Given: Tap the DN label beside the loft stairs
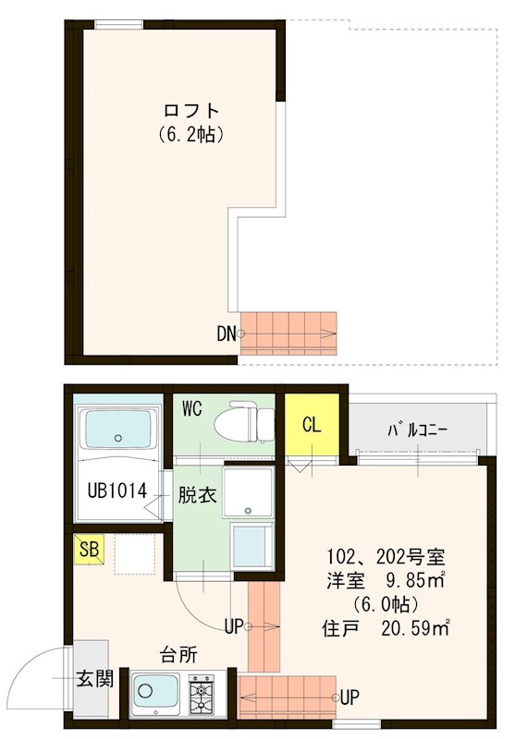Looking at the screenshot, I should point(227,333).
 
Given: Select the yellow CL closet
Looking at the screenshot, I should point(312,427).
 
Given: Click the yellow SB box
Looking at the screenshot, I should point(90,551).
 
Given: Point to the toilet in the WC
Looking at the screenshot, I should point(244,422).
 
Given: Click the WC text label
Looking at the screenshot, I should point(192,407).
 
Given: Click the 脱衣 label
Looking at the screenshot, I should point(197,494).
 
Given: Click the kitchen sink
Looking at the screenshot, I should point(155,690).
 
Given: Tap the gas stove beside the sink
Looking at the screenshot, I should point(202,693).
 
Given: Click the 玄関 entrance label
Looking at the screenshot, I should point(93,680).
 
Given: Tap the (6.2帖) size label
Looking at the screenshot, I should point(190,135).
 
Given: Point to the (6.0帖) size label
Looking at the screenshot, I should point(386,605).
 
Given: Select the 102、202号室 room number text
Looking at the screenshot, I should point(386,557).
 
